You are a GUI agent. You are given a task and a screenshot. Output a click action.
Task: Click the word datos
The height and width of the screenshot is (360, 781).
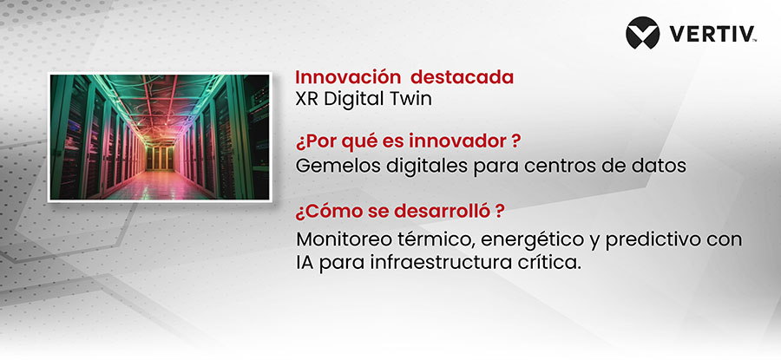[660, 166]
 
